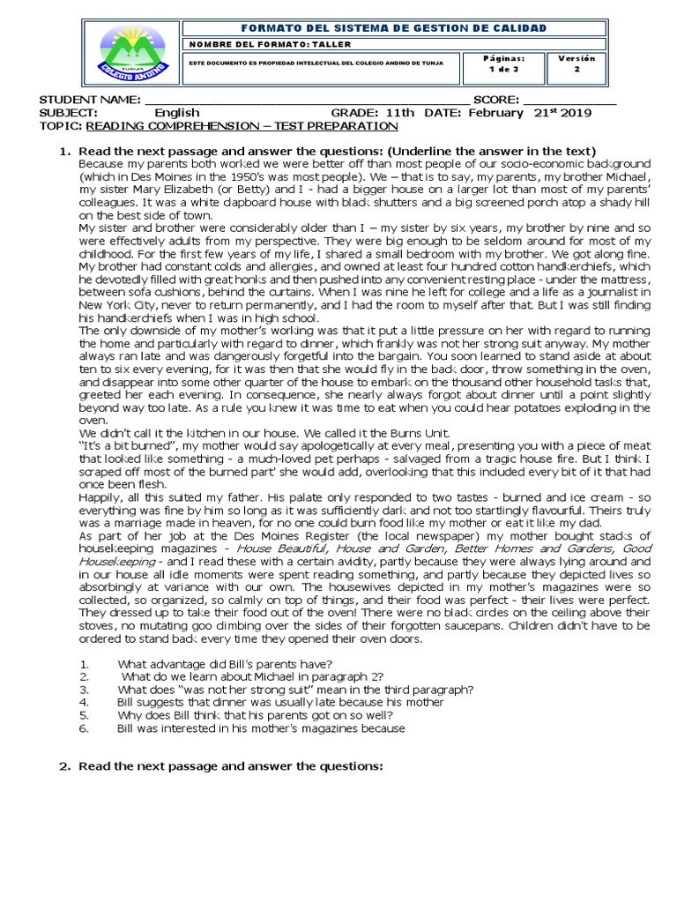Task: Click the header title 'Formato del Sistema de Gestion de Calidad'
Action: (394, 28)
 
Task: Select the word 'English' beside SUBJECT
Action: (177, 113)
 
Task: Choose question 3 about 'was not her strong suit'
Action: (295, 689)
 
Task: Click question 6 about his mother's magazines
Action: (261, 728)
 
